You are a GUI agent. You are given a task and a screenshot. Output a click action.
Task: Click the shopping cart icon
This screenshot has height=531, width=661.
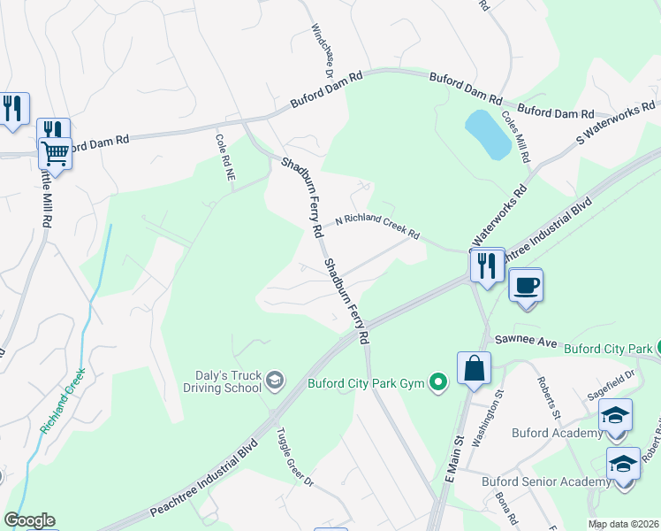pyautogui.click(x=55, y=153)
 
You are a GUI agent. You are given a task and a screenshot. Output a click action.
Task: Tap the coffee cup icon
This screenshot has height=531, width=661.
pyautogui.click(x=526, y=285)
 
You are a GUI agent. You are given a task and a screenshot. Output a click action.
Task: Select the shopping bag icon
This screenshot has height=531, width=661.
pyautogui.click(x=474, y=367)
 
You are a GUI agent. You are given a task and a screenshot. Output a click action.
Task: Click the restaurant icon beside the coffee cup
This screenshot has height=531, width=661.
pyautogui.click(x=487, y=264)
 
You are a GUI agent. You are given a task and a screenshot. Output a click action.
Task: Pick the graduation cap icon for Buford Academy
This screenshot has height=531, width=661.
pyautogui.click(x=615, y=415)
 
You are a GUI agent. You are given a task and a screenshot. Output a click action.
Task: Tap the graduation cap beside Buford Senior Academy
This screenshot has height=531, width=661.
pyautogui.click(x=623, y=464)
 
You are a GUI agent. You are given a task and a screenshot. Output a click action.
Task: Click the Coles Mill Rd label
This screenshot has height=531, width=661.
pyautogui.click(x=515, y=136)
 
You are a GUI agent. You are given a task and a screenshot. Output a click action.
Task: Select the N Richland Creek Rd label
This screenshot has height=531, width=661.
pyautogui.click(x=376, y=227)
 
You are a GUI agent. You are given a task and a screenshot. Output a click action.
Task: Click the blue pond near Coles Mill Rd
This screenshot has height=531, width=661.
pyautogui.click(x=488, y=135)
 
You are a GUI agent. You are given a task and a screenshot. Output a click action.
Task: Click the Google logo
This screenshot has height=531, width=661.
pyautogui.click(x=29, y=520)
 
